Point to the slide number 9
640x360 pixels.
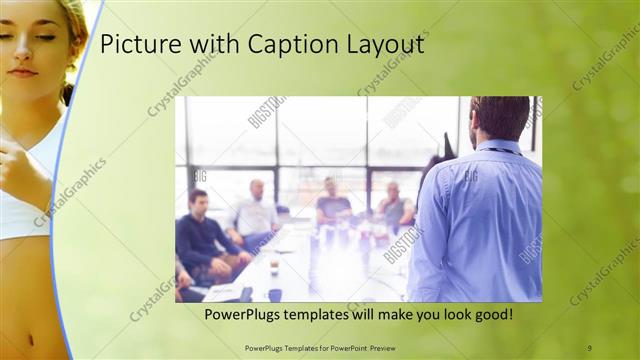click(589, 347)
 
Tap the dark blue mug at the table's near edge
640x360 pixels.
click(275, 294)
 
